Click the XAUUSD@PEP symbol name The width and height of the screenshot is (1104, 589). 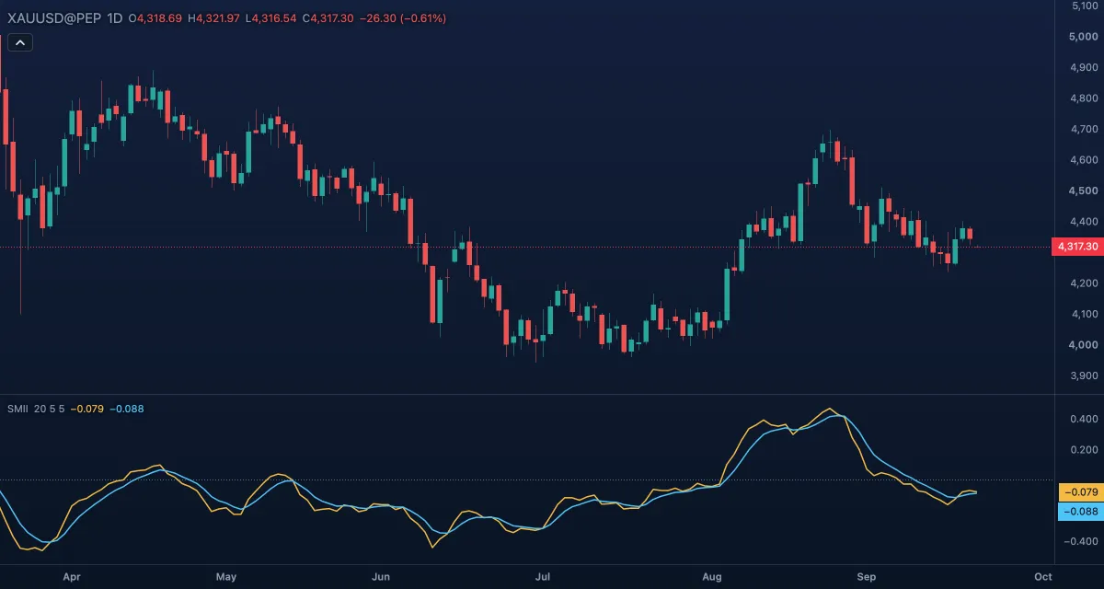point(54,18)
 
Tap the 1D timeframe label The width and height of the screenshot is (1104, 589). point(114,18)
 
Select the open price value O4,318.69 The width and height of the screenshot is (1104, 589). point(155,18)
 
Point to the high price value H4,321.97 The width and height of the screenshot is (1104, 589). point(213,18)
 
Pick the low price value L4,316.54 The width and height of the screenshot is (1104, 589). point(271,18)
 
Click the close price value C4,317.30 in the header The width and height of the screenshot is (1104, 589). point(328,18)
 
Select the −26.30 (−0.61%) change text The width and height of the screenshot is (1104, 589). point(403,18)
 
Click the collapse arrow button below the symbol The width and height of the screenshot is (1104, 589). point(20,43)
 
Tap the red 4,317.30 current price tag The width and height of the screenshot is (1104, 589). point(1077,247)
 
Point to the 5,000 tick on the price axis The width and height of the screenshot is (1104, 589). point(1083,37)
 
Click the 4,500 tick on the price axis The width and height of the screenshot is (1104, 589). point(1083,191)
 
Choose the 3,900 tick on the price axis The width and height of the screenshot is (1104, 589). point(1084,375)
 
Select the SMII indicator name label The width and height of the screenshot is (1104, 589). point(17,410)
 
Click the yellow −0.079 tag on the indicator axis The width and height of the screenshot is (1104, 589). point(1081,491)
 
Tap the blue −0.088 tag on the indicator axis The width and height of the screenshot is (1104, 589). point(1081,512)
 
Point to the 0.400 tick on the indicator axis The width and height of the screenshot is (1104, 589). point(1084,419)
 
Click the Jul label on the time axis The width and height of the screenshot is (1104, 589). point(543,577)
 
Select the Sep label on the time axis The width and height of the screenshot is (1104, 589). point(867,577)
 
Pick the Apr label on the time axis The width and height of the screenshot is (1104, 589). point(72,577)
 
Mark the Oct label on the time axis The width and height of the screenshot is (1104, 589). point(1043,577)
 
